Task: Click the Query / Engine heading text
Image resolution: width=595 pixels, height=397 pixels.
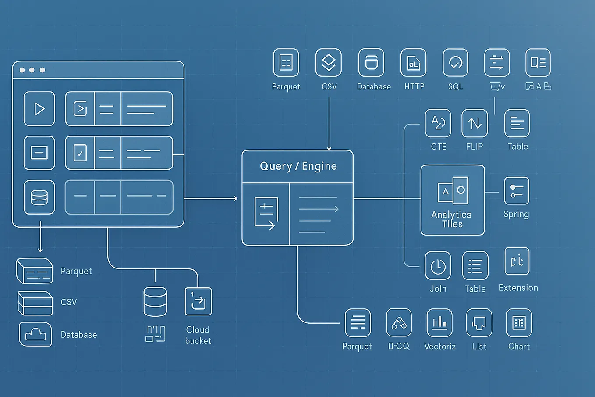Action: click(298, 166)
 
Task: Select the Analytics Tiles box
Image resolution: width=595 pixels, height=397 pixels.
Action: click(452, 200)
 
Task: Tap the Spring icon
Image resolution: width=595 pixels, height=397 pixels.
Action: click(517, 191)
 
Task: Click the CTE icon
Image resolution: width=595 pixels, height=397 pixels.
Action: click(438, 123)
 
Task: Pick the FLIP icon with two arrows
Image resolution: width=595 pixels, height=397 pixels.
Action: click(475, 123)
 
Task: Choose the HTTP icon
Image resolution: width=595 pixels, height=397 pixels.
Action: click(413, 63)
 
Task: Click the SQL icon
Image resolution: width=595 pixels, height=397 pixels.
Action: click(455, 63)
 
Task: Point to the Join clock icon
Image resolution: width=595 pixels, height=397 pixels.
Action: click(438, 266)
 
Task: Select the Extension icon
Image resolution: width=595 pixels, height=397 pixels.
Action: click(517, 261)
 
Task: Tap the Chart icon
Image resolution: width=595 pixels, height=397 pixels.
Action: click(519, 323)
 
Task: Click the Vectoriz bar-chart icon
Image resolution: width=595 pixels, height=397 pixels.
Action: click(439, 323)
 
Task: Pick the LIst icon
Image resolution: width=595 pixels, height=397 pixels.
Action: click(479, 323)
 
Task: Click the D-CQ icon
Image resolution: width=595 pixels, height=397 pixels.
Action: click(399, 323)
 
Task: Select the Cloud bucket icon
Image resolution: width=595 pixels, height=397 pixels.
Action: click(198, 302)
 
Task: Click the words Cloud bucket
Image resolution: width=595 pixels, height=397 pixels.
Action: click(198, 335)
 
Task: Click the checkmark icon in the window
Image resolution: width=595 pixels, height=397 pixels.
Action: click(80, 153)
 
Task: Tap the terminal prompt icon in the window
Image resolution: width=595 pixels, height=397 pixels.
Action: click(80, 108)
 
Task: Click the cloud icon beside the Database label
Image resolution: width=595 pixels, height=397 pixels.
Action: click(35, 334)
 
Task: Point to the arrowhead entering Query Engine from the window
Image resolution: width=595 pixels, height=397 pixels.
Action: click(236, 199)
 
